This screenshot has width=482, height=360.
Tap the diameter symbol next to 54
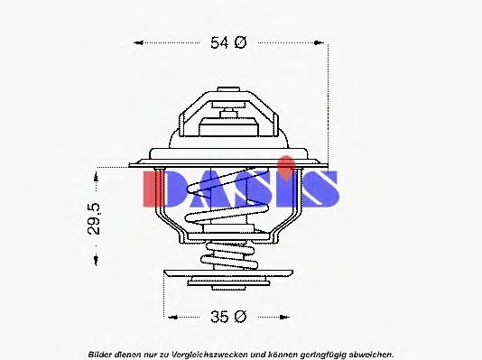click(x=241, y=42)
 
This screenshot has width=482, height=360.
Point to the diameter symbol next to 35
click(x=241, y=317)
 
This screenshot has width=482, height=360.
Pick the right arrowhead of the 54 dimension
click(x=321, y=42)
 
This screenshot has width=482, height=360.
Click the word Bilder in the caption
click(x=104, y=353)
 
